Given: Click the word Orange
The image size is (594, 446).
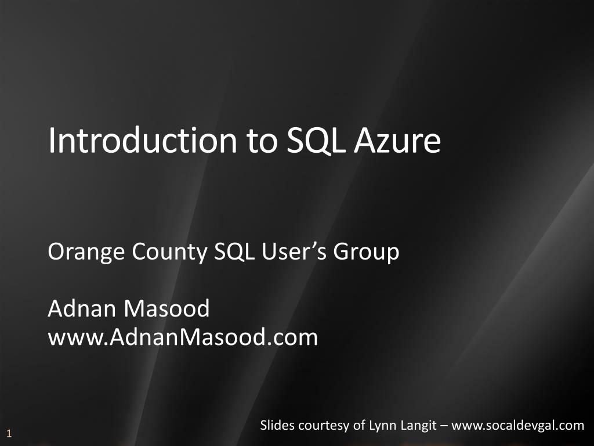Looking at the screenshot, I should (86, 252).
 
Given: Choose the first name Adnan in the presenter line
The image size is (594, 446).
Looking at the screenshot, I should (81, 309).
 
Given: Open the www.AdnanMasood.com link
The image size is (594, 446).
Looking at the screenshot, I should (183, 337).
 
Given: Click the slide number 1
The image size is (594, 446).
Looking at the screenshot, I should (9, 433).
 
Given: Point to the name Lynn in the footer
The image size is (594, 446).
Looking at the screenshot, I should (379, 426).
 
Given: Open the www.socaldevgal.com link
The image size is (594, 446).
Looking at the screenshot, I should (517, 426).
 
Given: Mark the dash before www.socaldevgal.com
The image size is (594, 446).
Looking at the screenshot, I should (444, 426).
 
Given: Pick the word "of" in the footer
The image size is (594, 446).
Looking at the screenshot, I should (358, 425).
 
